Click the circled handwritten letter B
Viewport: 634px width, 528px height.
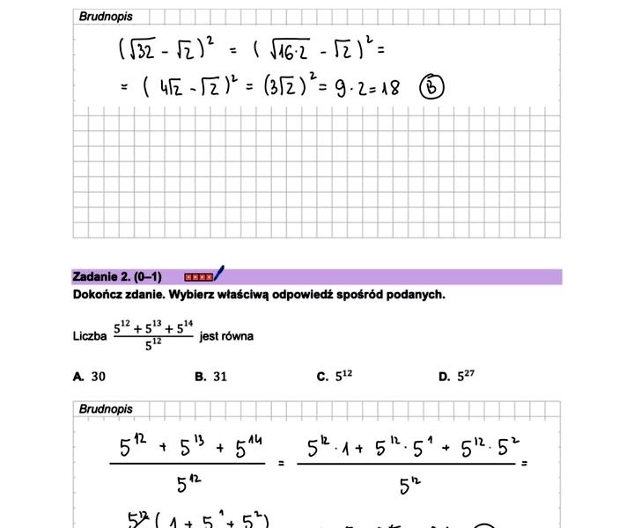tap(431, 86)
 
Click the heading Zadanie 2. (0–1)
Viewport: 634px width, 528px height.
tap(117, 277)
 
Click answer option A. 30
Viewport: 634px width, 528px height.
tap(90, 377)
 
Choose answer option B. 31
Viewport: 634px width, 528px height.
tap(211, 377)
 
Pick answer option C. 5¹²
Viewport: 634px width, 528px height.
tap(335, 376)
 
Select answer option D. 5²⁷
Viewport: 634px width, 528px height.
tap(456, 376)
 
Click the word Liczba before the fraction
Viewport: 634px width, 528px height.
tap(90, 336)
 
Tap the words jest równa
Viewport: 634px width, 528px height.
tap(226, 336)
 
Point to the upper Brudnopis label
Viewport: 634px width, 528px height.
tap(106, 16)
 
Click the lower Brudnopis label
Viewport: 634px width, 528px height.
tap(106, 409)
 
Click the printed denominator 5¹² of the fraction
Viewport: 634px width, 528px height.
tap(153, 345)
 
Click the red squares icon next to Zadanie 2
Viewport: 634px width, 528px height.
tap(198, 277)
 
